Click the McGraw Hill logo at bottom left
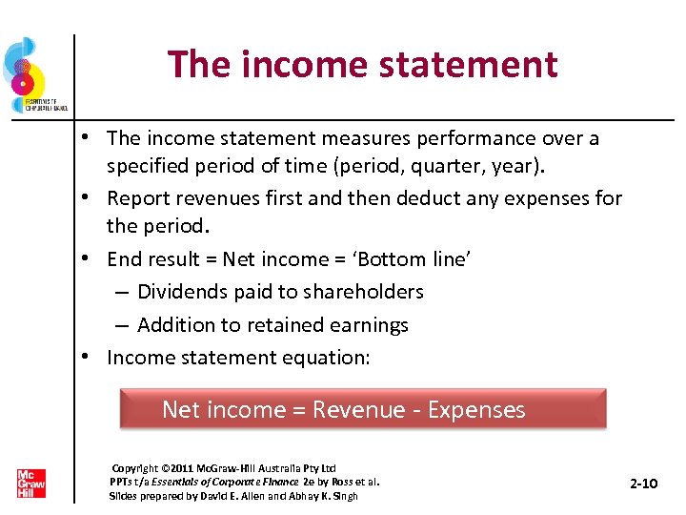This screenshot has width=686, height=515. [30, 483]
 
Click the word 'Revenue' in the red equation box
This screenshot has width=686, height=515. [358, 410]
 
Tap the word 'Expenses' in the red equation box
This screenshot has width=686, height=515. [476, 410]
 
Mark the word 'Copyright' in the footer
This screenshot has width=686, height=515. [135, 468]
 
